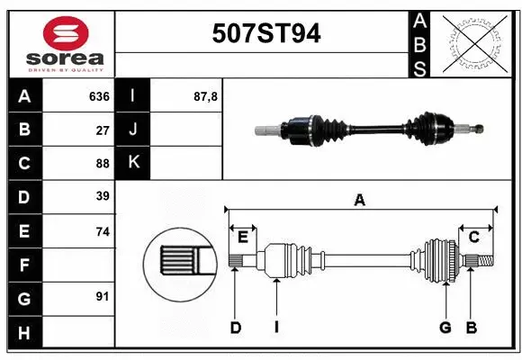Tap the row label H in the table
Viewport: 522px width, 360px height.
[x=24, y=332]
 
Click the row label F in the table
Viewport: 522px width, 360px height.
[x=24, y=265]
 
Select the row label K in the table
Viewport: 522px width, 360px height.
[x=133, y=163]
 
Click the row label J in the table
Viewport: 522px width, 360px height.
[x=133, y=130]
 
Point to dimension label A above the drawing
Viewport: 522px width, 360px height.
[x=360, y=201]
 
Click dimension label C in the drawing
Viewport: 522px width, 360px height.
[x=473, y=237]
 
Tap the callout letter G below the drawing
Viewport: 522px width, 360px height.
[x=445, y=328]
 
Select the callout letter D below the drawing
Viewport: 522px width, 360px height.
[x=236, y=328]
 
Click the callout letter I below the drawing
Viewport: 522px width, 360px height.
[x=276, y=328]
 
